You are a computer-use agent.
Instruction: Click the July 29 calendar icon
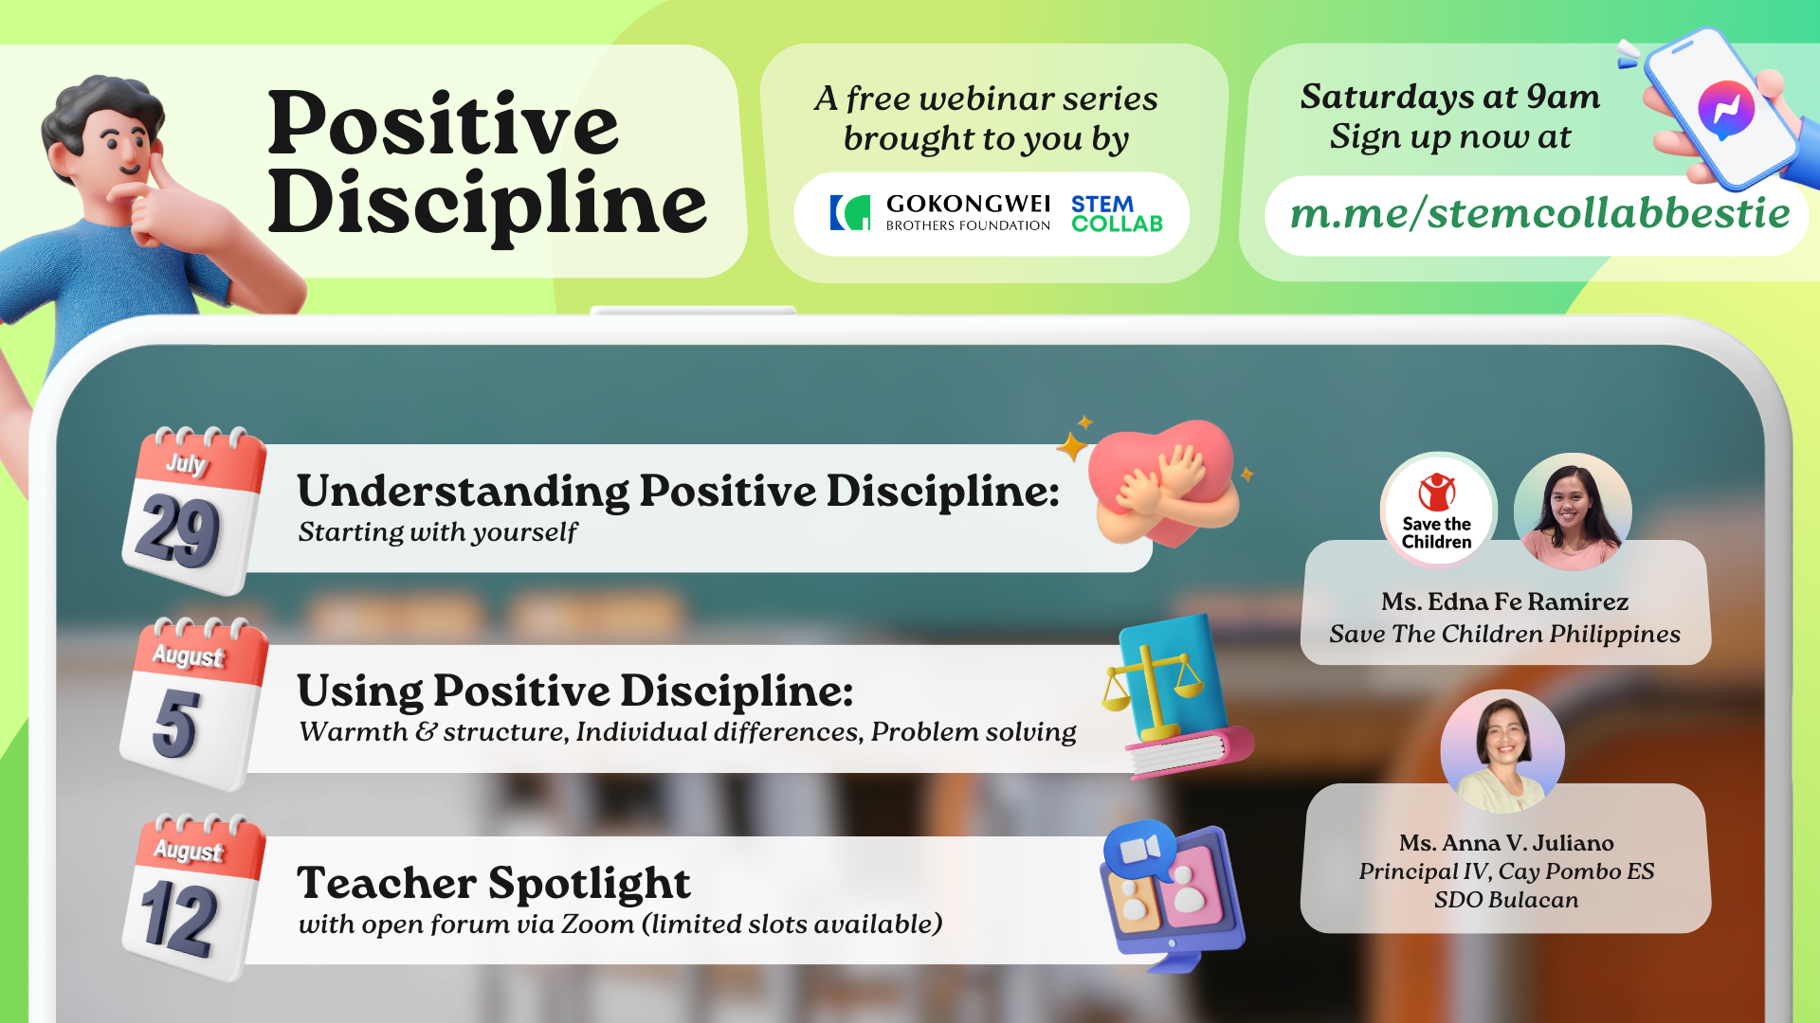coord(193,511)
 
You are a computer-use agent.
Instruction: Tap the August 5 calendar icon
coord(193,704)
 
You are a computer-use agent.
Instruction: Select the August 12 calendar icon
coord(193,897)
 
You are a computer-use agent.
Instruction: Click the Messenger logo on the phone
coord(1726,110)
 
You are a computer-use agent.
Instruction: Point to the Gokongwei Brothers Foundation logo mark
coord(850,213)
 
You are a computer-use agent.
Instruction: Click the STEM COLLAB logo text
coord(1117,214)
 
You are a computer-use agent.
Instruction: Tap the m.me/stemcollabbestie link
coord(1539,214)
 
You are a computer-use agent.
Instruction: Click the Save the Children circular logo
coord(1437,511)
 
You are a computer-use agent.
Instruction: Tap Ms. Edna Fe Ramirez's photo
coord(1573,511)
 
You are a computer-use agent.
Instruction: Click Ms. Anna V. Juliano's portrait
coord(1502,751)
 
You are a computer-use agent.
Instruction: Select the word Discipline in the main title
coord(487,204)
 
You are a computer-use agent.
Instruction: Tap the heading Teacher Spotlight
coord(494,883)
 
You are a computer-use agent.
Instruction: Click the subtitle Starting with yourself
coord(437,532)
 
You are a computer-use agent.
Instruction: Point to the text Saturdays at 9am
coord(1450,97)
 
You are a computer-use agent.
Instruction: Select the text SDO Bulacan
coord(1506,900)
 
